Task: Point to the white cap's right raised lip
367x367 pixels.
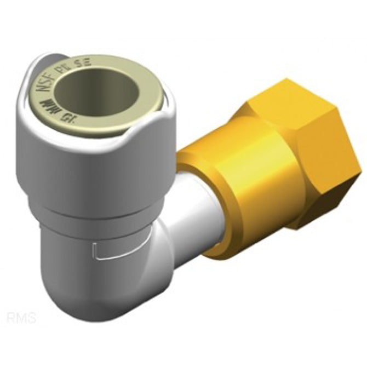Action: pyautogui.click(x=159, y=121)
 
